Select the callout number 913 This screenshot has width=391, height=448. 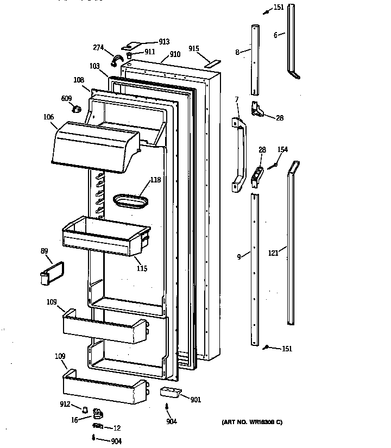point(163,42)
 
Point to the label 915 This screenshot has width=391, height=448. point(194,48)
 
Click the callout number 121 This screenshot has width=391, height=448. point(274,253)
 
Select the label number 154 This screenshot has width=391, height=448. point(282,150)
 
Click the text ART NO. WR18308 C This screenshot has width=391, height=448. point(252,422)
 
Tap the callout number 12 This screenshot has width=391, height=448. point(117,428)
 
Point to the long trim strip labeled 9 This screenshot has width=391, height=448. point(255,269)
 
